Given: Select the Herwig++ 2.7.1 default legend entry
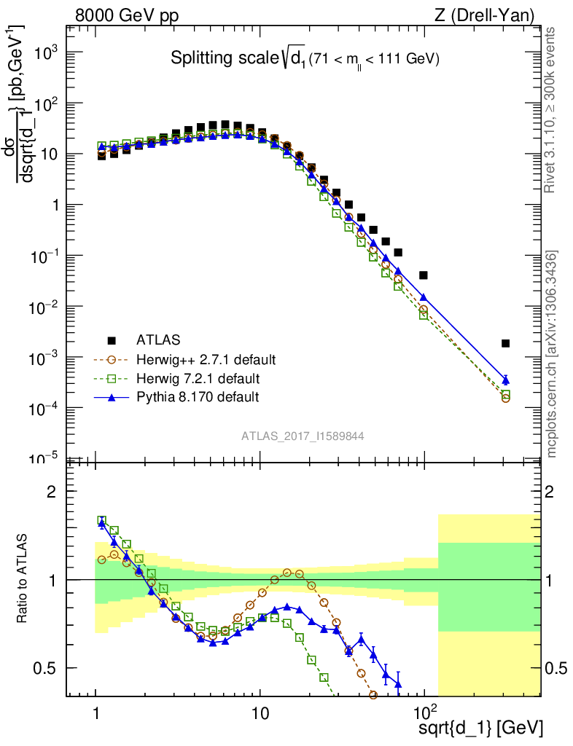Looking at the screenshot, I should coord(206,360).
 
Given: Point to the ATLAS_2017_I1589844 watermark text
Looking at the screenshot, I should coord(303,436).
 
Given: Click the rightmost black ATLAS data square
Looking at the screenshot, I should coord(506,343).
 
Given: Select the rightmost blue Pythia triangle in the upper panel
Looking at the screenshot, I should coord(506,380).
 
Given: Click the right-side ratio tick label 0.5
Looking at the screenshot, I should coord(556,668).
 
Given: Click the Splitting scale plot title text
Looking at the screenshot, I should coord(305,59).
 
